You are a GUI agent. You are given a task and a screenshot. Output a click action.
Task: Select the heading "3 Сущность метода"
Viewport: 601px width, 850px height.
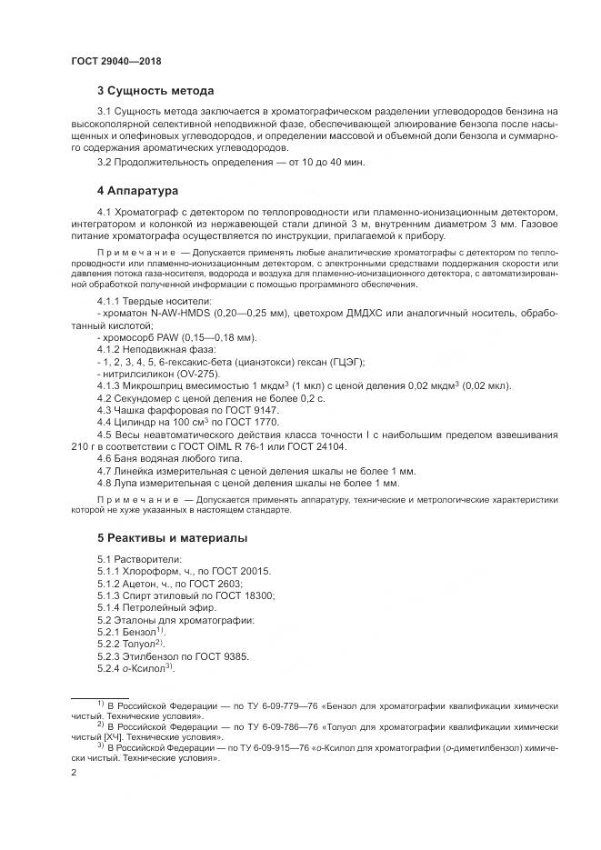pos(155,91)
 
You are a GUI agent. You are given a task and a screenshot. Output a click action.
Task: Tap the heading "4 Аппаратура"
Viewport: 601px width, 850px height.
pos(138,192)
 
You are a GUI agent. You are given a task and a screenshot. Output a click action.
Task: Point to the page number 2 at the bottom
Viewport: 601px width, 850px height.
pos(74,772)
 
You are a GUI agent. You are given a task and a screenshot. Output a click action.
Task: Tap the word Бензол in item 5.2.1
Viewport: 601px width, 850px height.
pos(138,631)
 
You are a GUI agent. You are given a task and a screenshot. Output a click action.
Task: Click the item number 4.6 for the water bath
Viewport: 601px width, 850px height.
pos(105,458)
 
